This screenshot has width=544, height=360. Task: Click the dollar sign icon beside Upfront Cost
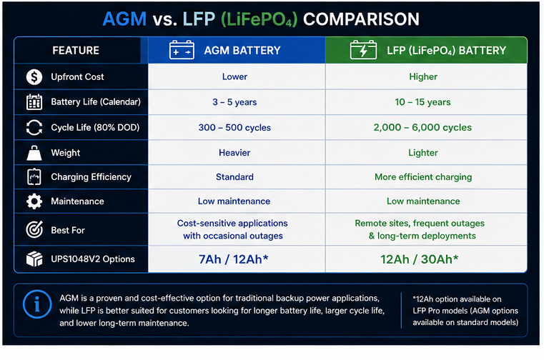coord(34,76)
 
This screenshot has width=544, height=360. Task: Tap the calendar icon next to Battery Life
coord(34,102)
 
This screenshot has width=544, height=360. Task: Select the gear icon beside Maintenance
coord(34,201)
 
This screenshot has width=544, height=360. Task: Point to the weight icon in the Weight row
coord(34,153)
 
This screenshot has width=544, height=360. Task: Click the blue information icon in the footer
coord(37,304)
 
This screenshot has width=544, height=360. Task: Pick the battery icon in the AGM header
coord(182,50)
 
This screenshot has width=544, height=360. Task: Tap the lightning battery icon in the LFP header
coord(363,50)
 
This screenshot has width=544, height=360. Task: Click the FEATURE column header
coord(76,50)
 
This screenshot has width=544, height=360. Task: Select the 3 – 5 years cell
coord(234,102)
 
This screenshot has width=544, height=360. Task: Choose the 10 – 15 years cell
coord(422,102)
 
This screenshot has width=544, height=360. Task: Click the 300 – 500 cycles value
coord(234,127)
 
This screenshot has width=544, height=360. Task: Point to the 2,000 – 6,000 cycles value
coord(422,127)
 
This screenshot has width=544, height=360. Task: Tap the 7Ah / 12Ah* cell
coord(234,259)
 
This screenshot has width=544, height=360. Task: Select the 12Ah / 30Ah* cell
coord(420,259)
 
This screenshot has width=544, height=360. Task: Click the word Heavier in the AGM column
coord(234,153)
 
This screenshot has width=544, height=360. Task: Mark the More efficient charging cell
coord(423,177)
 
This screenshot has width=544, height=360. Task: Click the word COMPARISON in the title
coord(361,19)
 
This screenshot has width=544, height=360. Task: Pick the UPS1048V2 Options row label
coord(93,259)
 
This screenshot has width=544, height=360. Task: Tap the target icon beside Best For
coord(34,229)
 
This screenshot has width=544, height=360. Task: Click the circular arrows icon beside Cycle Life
coord(34,127)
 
